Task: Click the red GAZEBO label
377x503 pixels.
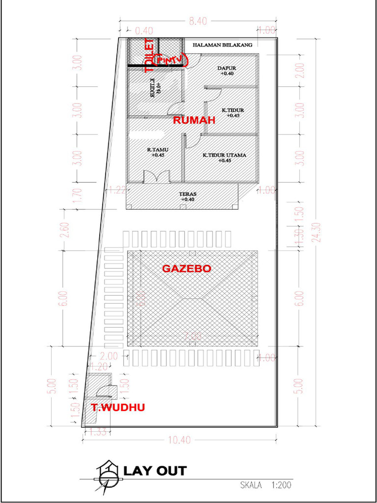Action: pyautogui.click(x=187, y=269)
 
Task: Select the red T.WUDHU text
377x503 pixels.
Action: pyautogui.click(x=118, y=407)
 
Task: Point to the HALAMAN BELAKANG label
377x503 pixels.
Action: pyautogui.click(x=222, y=45)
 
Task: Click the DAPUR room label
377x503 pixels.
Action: pyautogui.click(x=227, y=68)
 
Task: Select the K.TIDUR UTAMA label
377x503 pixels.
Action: pyautogui.click(x=224, y=155)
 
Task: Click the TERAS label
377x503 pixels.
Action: pyautogui.click(x=188, y=194)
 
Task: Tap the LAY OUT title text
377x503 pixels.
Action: pyautogui.click(x=155, y=471)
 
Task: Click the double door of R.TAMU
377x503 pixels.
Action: pyautogui.click(x=157, y=177)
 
